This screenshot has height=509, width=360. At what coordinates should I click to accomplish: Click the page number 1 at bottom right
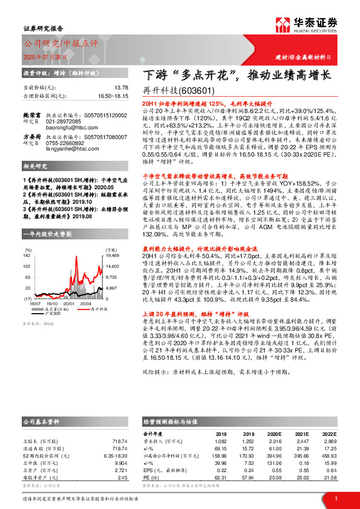336,498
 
